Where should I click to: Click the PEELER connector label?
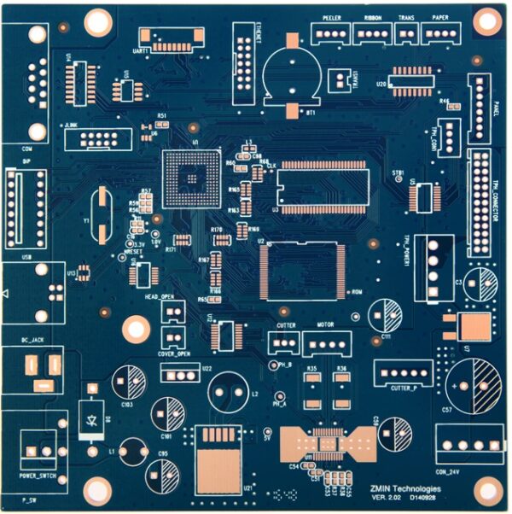(x=332, y=17)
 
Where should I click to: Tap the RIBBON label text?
(x=373, y=17)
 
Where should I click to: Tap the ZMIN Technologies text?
(x=408, y=487)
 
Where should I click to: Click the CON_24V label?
(x=453, y=472)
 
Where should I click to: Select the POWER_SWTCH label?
(x=37, y=476)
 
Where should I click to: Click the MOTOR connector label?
(x=324, y=325)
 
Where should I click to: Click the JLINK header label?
(x=71, y=125)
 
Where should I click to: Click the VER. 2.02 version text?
(x=386, y=497)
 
